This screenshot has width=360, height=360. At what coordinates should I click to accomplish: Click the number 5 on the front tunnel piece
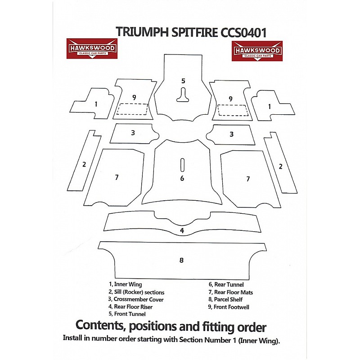tap(183, 81)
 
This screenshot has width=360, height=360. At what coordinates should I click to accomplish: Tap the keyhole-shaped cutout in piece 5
tap(183, 94)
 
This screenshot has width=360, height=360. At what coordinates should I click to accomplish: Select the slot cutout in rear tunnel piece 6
tap(182, 165)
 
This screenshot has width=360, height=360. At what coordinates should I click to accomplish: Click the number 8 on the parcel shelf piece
tap(181, 260)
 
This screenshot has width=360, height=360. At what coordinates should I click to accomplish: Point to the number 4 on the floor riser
tap(182, 230)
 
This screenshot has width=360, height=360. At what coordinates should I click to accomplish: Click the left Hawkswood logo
tap(92, 49)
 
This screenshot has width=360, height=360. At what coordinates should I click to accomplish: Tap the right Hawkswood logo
tap(257, 51)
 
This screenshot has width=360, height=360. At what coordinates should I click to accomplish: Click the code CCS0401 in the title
tap(243, 32)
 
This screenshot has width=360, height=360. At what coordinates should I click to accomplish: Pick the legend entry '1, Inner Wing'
tap(126, 284)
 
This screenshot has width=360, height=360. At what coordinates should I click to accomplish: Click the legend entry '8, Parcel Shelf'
tap(225, 299)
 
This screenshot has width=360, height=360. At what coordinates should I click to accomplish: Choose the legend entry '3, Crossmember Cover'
tap(136, 299)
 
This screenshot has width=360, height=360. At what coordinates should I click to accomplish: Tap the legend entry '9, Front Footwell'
tap(229, 307)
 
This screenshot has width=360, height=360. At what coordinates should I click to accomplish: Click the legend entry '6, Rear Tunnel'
tap(226, 284)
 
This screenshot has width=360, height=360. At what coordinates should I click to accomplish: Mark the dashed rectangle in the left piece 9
tap(132, 109)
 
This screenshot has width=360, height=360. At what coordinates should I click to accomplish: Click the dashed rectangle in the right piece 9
tap(233, 110)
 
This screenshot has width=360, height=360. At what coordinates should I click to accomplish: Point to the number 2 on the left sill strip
tap(84, 164)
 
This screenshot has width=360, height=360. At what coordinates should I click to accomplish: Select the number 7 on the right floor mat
tap(248, 179)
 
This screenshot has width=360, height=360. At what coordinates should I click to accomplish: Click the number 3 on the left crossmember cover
tap(133, 133)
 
